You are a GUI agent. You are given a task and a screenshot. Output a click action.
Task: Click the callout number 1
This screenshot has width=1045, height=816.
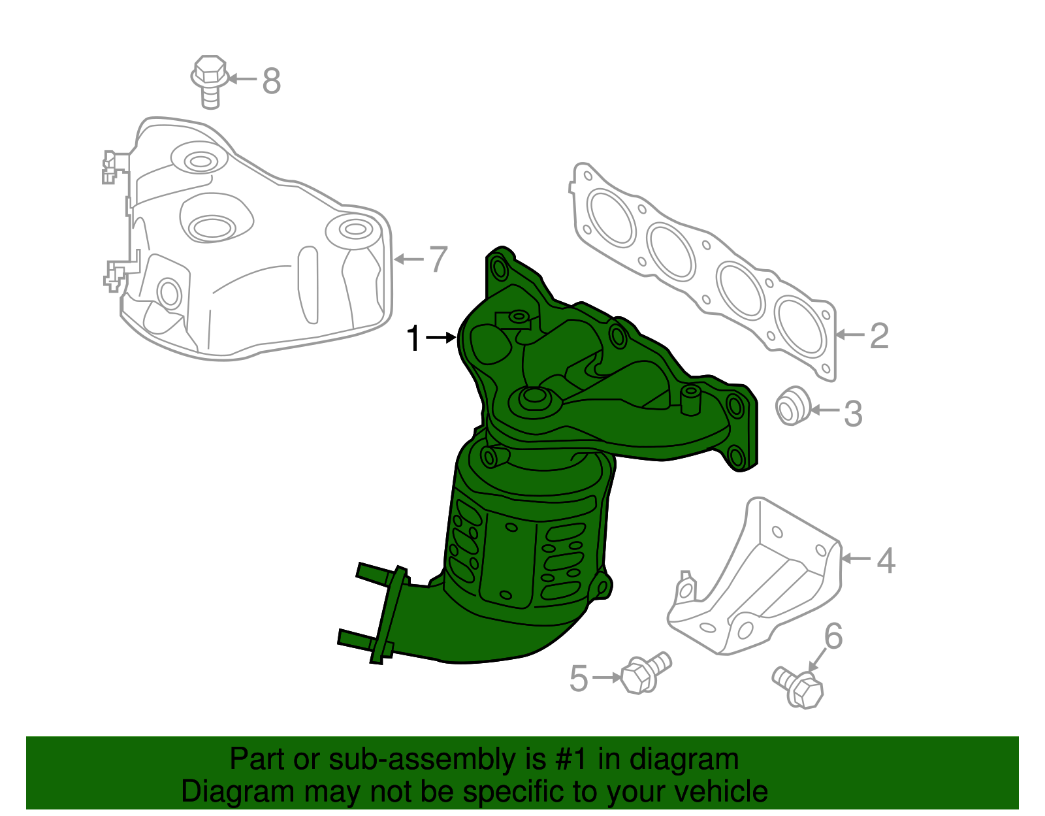pyautogui.click(x=413, y=339)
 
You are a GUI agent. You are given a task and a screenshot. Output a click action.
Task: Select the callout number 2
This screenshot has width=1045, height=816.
pyautogui.click(x=879, y=336)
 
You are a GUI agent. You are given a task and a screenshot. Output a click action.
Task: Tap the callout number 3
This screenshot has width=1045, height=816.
pyautogui.click(x=853, y=414)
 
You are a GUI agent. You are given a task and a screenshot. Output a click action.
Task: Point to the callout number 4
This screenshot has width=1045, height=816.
pyautogui.click(x=885, y=561)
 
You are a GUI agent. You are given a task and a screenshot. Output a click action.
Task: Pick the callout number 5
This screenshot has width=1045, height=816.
pyautogui.click(x=579, y=679)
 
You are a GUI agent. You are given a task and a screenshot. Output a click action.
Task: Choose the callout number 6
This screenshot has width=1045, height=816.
pyautogui.click(x=833, y=636)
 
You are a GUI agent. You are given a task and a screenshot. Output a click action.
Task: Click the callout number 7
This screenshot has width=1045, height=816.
pyautogui.click(x=438, y=259)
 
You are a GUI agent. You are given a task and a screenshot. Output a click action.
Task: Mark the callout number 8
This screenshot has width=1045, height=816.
pyautogui.click(x=272, y=81)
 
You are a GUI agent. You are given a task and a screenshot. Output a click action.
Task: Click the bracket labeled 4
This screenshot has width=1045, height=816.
pyautogui.click(x=758, y=581)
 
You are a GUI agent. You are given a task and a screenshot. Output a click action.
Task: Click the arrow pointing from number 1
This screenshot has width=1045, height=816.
pyautogui.click(x=441, y=338)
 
